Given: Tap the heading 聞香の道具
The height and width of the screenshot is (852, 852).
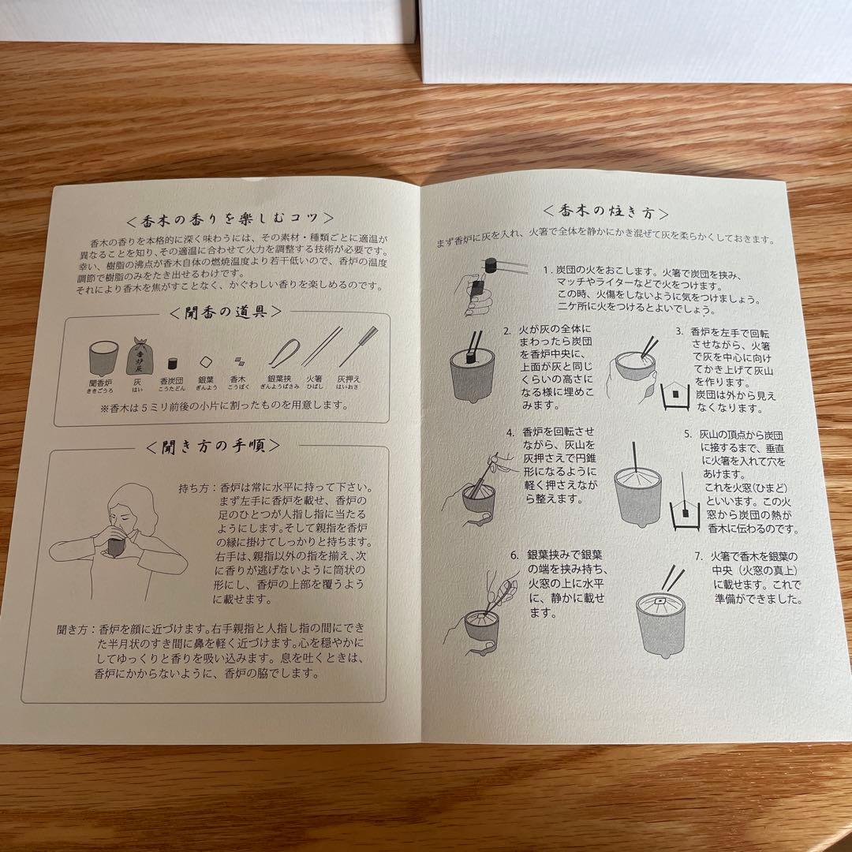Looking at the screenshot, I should tap(226, 312).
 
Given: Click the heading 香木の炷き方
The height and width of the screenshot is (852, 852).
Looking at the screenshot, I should tap(607, 212).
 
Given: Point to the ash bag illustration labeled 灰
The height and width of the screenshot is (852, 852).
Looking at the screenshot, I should tap(143, 356).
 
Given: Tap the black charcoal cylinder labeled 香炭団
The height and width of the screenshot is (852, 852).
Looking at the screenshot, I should tap(170, 364).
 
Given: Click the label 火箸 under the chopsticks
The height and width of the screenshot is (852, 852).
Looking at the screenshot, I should tap(314, 378).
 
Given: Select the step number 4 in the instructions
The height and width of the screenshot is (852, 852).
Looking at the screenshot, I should tap(511, 432).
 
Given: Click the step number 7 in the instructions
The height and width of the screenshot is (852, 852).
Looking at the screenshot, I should tap(698, 555).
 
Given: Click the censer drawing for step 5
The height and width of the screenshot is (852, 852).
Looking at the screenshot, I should tap(637, 494).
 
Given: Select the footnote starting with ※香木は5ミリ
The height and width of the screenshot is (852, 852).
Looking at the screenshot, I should tap(224, 405).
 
